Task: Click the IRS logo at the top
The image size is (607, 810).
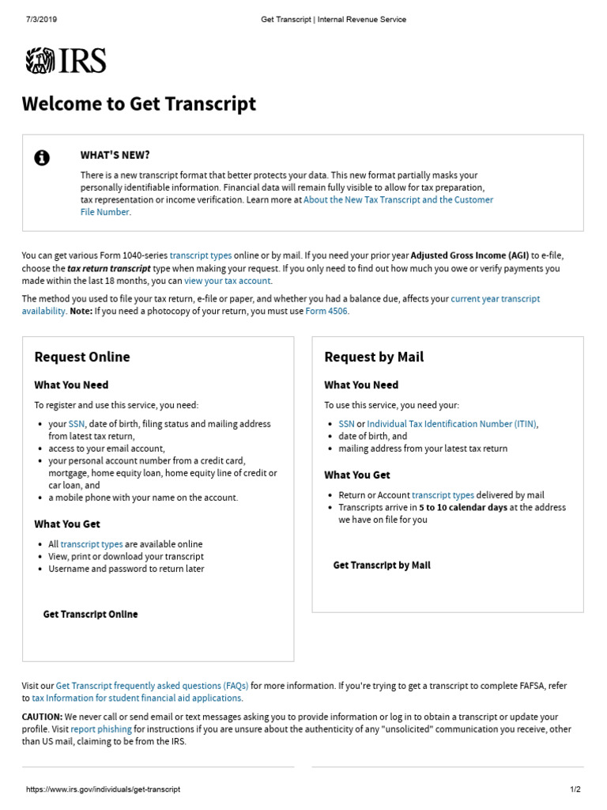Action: [x=66, y=61]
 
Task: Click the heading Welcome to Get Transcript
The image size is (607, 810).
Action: [x=139, y=104]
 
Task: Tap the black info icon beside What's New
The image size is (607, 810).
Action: [x=42, y=158]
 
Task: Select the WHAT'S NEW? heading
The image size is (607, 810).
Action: [x=115, y=155]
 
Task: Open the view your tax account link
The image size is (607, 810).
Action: [x=228, y=281]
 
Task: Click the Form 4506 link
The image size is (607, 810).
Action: [x=326, y=311]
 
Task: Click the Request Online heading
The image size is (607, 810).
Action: [x=82, y=357]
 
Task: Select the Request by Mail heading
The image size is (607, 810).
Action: [x=374, y=357]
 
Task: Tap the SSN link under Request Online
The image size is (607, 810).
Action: [x=77, y=424]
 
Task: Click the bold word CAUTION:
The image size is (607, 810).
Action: [x=42, y=717]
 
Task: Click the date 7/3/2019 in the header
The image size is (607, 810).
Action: [x=41, y=19]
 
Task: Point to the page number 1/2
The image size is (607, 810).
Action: [x=575, y=789]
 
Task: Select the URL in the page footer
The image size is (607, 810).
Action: [x=104, y=789]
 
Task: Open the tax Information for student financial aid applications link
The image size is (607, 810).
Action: [x=137, y=698]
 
